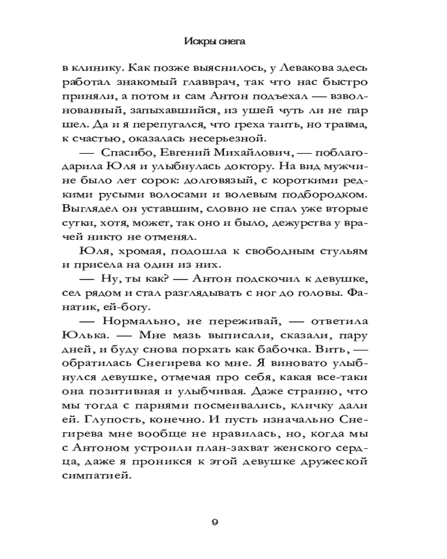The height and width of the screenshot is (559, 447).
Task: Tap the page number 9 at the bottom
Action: (x=215, y=522)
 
